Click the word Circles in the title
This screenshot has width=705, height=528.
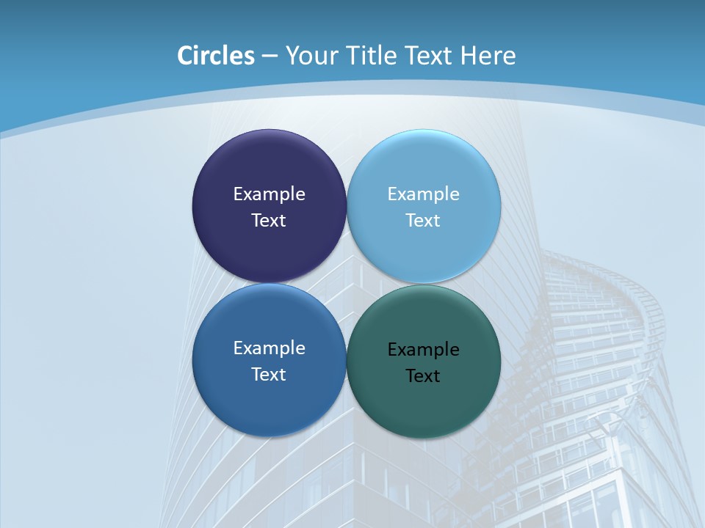pos(216,56)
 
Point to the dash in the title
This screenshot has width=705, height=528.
pos(270,56)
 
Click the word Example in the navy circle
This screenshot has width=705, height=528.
pos(269,194)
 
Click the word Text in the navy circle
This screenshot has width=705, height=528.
pos(269,221)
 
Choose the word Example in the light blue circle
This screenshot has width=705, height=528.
pos(424,194)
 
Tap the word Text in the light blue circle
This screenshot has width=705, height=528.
pos(424,221)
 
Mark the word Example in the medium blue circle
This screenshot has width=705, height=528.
pos(269,348)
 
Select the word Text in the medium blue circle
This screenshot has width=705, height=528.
pos(269,375)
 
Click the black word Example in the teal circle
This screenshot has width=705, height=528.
pos(424,350)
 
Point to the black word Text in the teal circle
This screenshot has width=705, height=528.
pos(424,376)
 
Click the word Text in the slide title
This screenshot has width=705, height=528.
pos(428,56)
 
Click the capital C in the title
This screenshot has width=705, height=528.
pos(185,56)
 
